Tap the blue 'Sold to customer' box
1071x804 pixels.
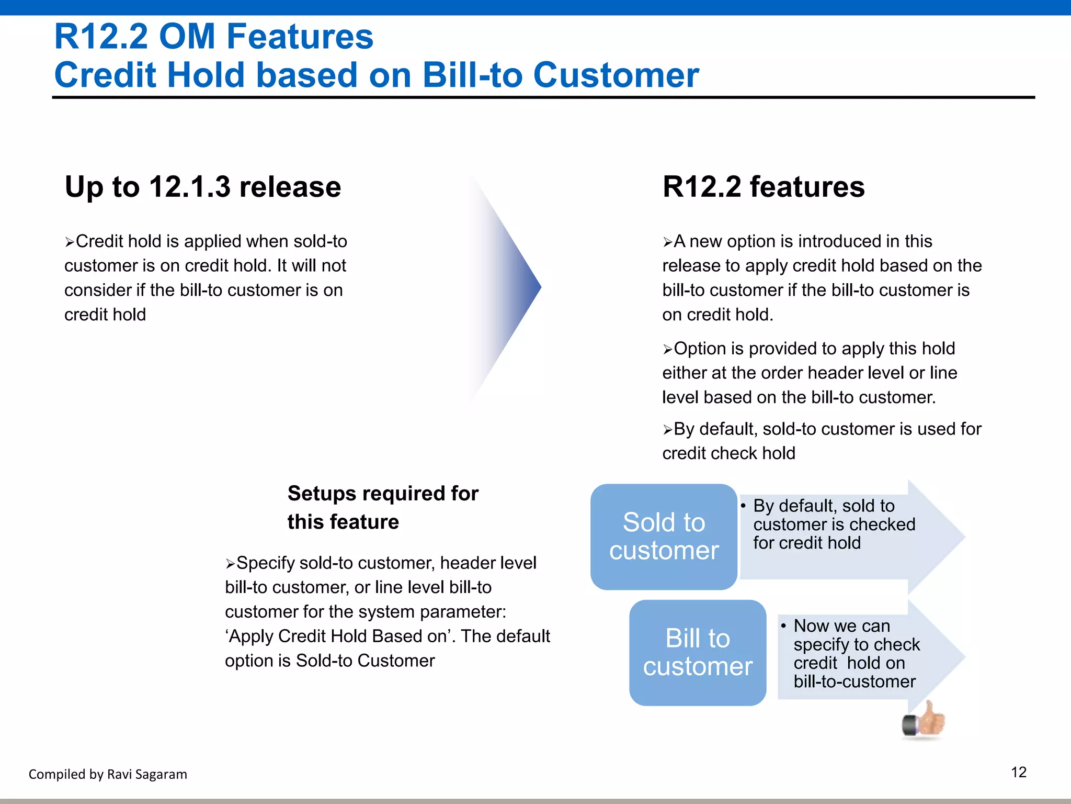(664, 537)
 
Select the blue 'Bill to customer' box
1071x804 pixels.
(698, 652)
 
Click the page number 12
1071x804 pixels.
(1018, 772)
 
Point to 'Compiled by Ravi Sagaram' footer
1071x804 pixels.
(108, 774)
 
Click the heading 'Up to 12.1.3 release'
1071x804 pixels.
(203, 187)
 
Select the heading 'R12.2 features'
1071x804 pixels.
(764, 187)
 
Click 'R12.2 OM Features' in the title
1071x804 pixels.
(214, 37)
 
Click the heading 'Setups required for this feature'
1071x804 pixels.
(382, 507)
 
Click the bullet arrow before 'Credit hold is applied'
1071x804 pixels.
(70, 242)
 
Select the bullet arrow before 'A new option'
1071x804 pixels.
(668, 242)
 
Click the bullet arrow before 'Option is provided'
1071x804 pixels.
(668, 350)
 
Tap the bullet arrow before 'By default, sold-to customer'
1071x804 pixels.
(668, 430)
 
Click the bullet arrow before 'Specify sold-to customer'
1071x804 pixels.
(231, 564)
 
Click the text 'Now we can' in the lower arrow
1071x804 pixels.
(841, 626)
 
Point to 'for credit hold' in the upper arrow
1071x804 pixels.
(806, 543)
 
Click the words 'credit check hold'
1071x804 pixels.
(728, 453)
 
